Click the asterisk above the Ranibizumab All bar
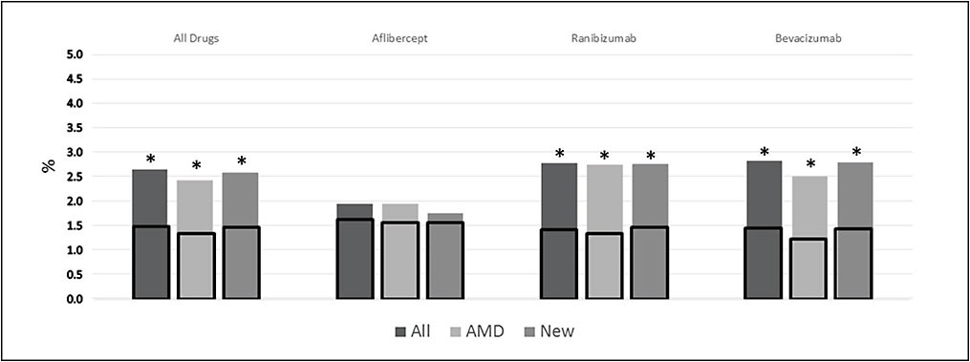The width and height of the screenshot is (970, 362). coord(560,154)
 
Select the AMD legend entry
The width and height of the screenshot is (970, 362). coord(483,331)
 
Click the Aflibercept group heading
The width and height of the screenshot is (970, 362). coord(399,39)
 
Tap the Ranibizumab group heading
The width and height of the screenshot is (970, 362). coord(604,39)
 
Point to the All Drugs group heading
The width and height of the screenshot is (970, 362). coord(195,39)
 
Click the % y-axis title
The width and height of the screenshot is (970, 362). coord(47,164)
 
